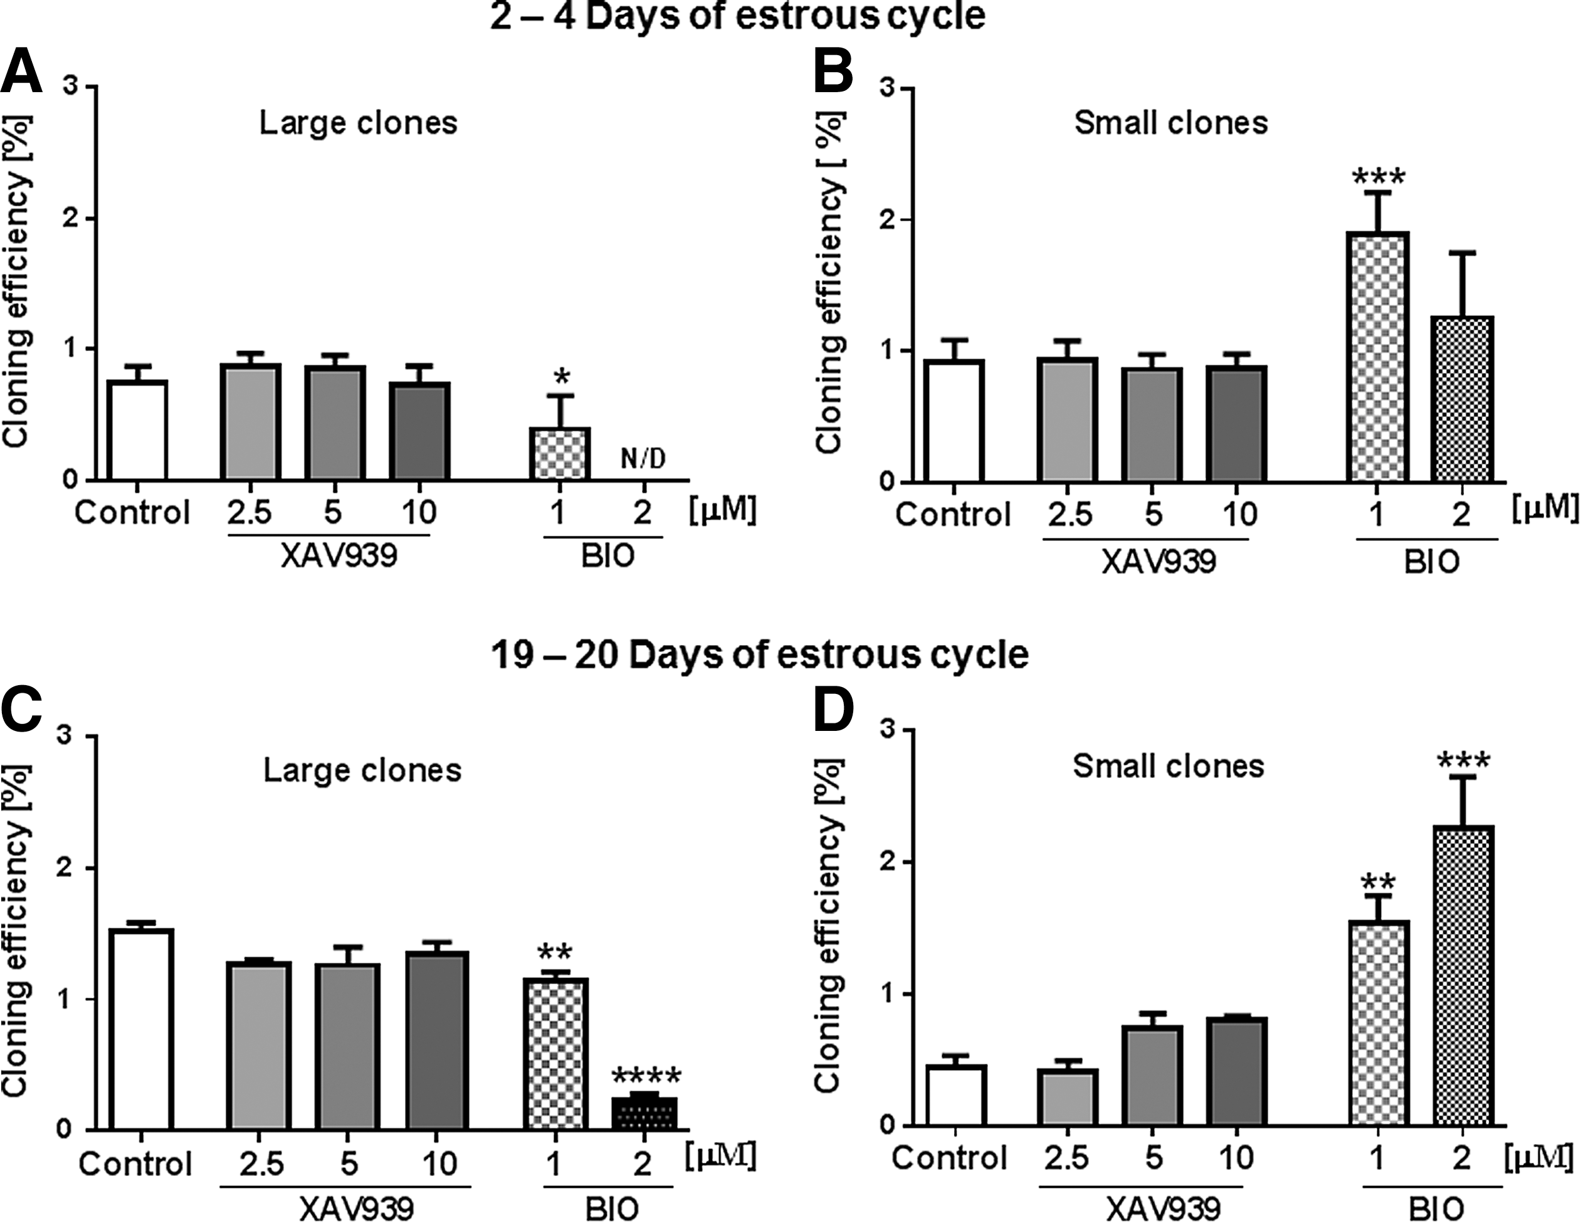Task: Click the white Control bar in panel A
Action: pos(137,430)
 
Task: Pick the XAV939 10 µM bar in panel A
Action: pos(420,431)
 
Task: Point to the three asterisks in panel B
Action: pos(1379,177)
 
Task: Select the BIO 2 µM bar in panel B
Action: pos(1463,399)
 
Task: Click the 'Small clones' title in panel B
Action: pos(1170,123)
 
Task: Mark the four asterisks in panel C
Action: pos(646,1077)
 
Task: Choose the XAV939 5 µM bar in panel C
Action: pos(350,1046)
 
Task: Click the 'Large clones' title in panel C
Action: pos(362,770)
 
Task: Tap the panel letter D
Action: pos(834,716)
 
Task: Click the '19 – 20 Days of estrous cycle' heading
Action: pos(759,656)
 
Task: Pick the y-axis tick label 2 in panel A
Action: pos(71,219)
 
